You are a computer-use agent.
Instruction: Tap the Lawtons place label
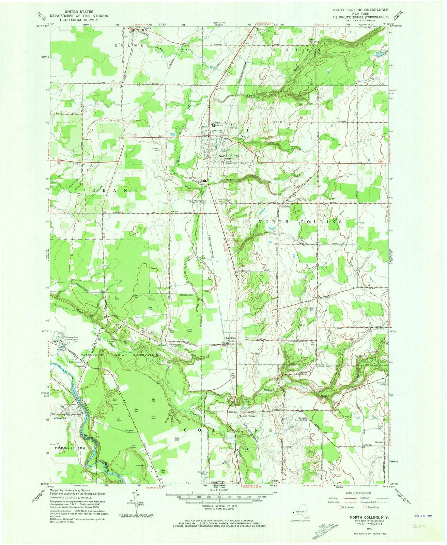(231, 338)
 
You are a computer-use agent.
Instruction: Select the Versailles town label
(60, 419)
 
